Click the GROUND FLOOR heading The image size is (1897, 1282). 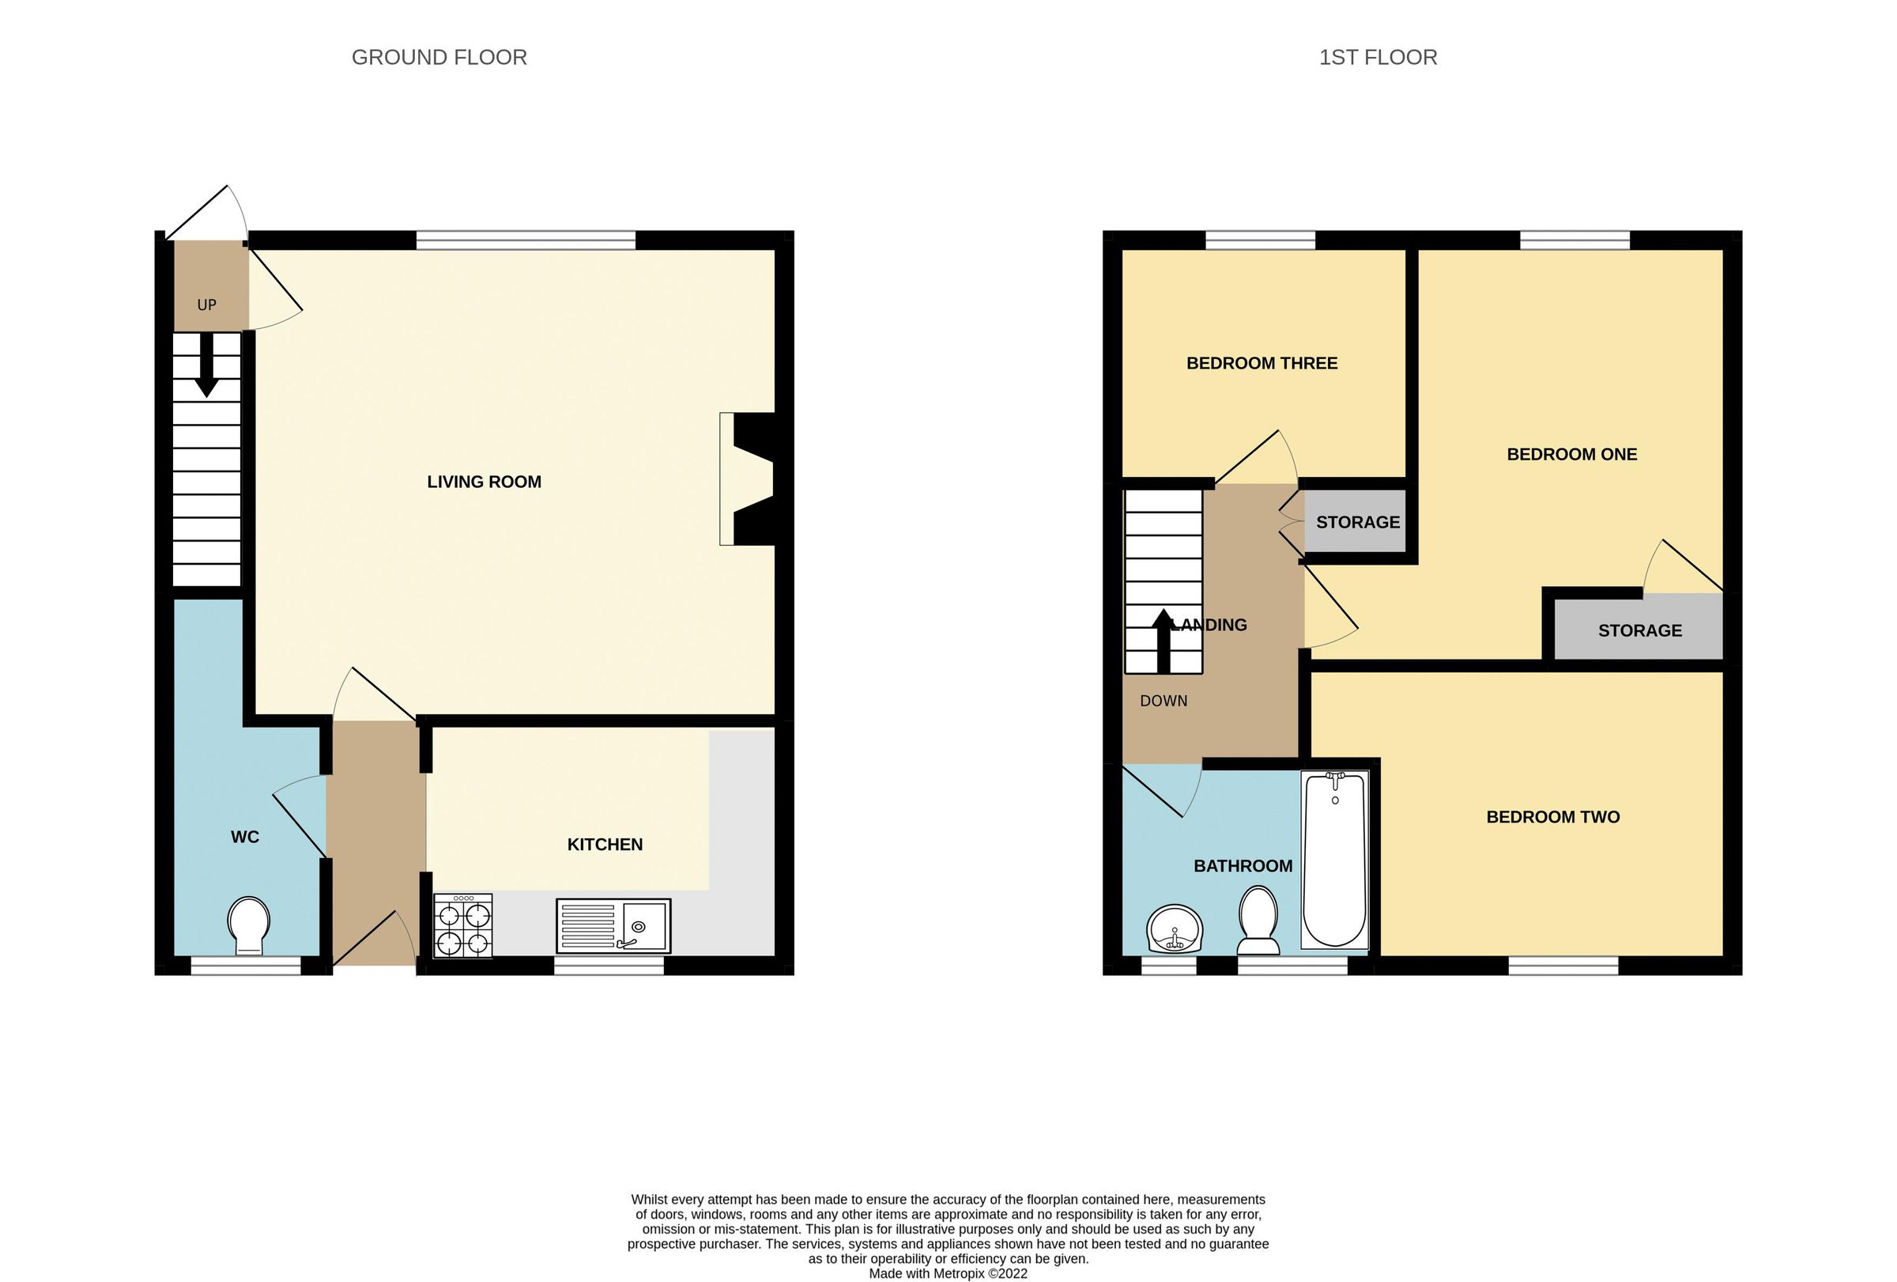tap(439, 57)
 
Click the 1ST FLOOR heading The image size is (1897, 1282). tap(1377, 57)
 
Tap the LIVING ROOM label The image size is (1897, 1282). tap(483, 482)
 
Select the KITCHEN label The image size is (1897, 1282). tap(604, 845)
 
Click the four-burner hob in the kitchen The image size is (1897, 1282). tap(463, 925)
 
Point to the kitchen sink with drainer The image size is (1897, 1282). tap(613, 925)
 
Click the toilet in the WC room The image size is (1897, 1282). tap(249, 926)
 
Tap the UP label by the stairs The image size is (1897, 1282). tap(206, 304)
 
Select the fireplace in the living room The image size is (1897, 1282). tap(747, 478)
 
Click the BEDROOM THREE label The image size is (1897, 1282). tap(1262, 363)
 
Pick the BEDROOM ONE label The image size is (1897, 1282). tap(1571, 455)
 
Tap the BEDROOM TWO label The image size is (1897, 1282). tap(1552, 816)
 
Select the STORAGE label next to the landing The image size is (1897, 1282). tap(1357, 523)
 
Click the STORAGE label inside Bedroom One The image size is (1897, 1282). tap(1639, 630)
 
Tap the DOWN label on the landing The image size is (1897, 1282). tap(1163, 701)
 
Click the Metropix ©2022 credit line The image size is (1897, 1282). tap(948, 1273)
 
